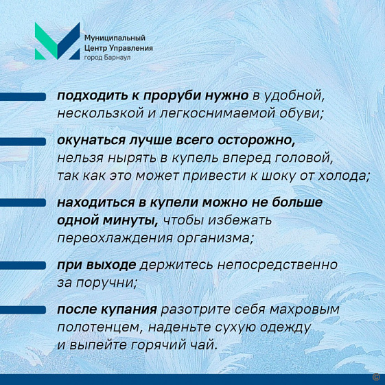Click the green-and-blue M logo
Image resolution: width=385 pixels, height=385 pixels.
pyautogui.click(x=57, y=41)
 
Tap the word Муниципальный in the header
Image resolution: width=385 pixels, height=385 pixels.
pyautogui.click(x=115, y=38)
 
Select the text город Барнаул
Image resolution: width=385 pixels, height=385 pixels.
pyautogui.click(x=107, y=58)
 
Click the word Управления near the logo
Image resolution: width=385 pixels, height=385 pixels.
pyautogui.click(x=131, y=48)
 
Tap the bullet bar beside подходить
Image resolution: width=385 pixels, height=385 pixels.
pyautogui.click(x=23, y=97)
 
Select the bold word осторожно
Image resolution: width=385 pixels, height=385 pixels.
pyautogui.click(x=257, y=141)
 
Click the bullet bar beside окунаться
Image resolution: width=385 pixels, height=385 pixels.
pyautogui.click(x=23, y=141)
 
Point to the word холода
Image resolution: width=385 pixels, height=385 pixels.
pyautogui.click(x=344, y=176)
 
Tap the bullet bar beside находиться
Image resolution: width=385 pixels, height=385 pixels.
pyautogui.click(x=23, y=202)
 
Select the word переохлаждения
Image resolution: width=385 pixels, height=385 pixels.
pyautogui.click(x=115, y=238)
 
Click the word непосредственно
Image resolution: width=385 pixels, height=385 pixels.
pyautogui.click(x=277, y=265)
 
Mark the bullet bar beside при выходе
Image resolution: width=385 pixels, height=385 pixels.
pyautogui.click(x=23, y=266)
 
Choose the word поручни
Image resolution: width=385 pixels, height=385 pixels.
pyautogui.click(x=106, y=283)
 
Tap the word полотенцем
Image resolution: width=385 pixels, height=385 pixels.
pyautogui.click(x=100, y=327)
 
